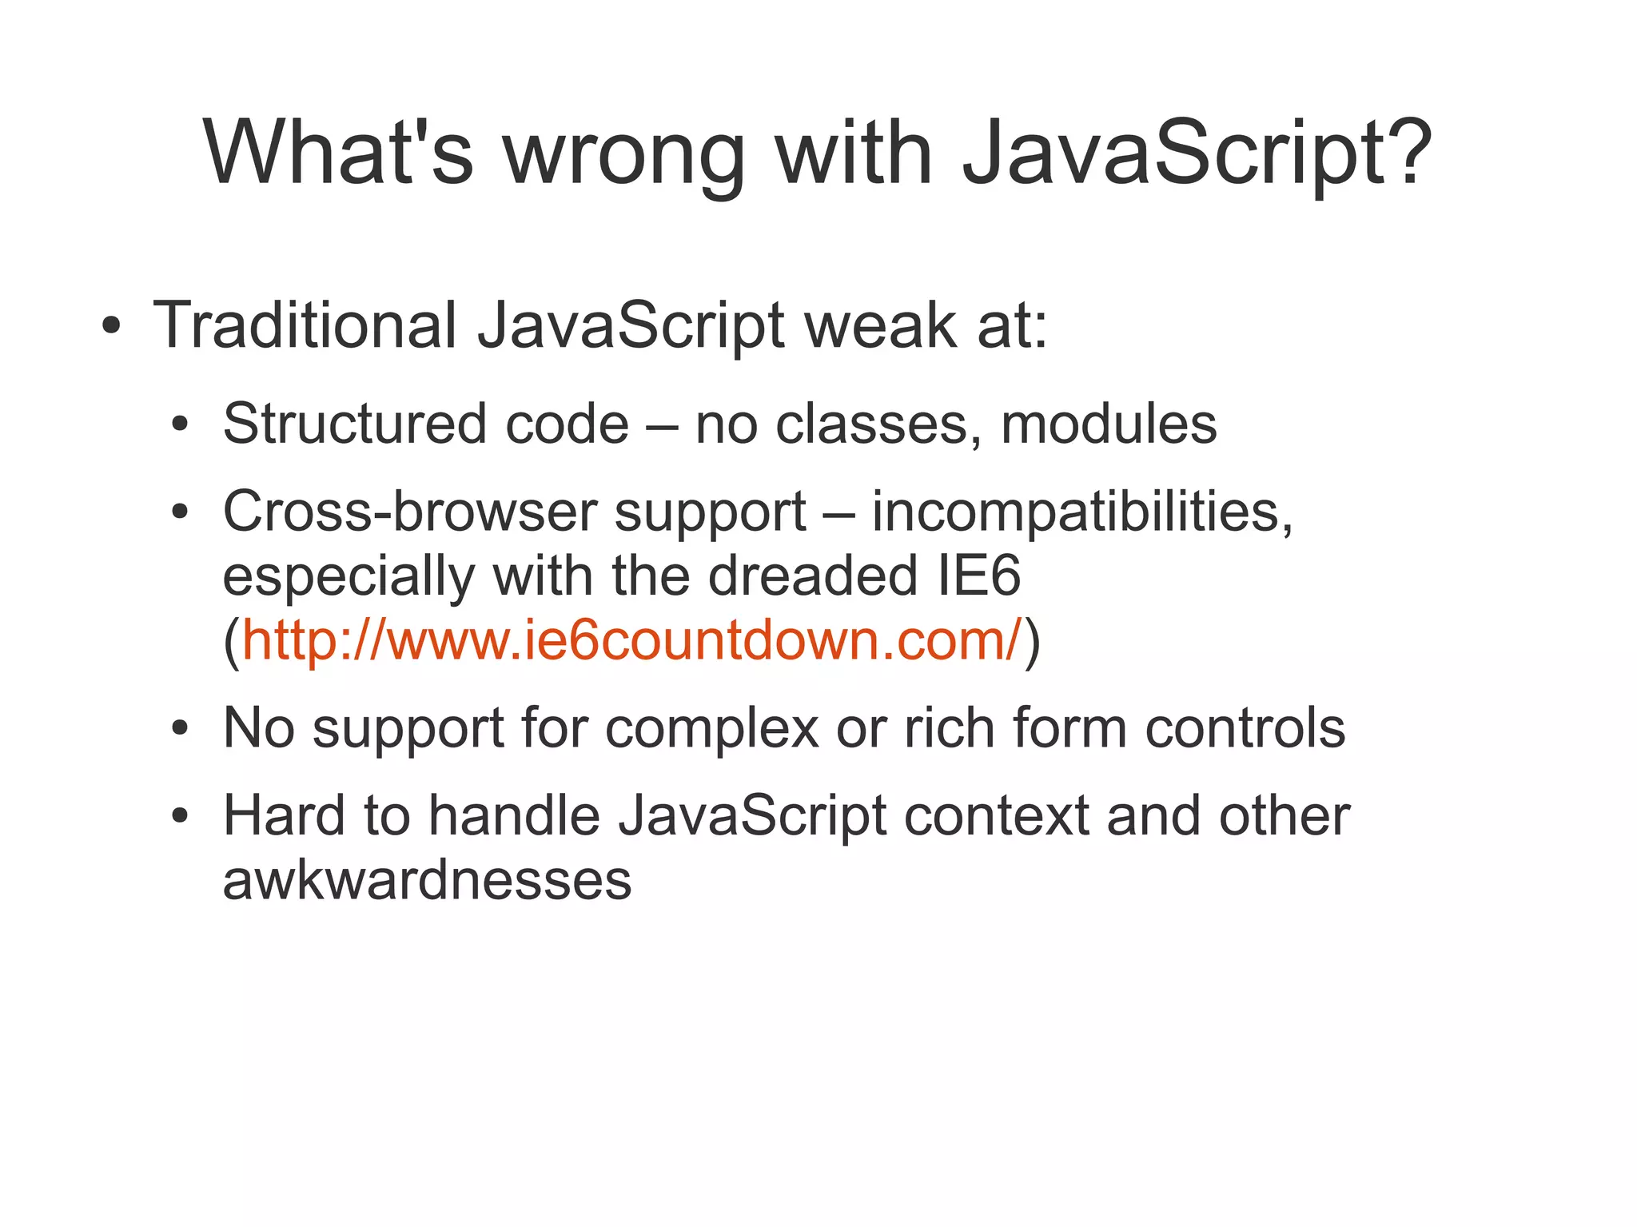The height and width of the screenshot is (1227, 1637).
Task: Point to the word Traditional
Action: tap(305, 325)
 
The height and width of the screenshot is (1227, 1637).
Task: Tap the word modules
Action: tap(1109, 424)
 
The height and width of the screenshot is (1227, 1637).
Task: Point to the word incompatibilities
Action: tap(1081, 511)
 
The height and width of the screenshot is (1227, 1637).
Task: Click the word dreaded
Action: tap(813, 576)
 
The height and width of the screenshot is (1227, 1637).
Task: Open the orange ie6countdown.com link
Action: tap(631, 639)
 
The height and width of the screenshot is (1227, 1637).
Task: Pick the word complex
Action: tap(711, 728)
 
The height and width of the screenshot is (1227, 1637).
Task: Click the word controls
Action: tap(1245, 728)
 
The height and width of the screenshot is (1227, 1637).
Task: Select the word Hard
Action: tap(284, 816)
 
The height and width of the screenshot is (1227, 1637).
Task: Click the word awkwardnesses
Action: tap(427, 881)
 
